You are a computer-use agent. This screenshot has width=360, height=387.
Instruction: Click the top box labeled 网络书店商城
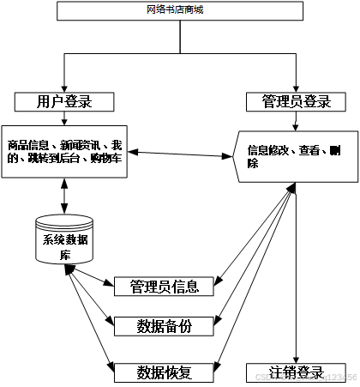[180, 11]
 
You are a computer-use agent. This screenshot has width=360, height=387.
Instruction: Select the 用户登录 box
[65, 102]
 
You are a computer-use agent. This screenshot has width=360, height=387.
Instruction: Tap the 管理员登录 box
[296, 102]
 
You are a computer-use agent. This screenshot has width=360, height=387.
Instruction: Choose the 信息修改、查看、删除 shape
[296, 154]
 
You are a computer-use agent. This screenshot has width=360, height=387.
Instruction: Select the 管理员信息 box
[164, 286]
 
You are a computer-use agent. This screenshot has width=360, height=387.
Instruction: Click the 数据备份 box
[164, 326]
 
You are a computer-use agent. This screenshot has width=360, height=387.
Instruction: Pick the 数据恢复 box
[164, 372]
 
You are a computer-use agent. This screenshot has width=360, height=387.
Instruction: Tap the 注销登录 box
[296, 372]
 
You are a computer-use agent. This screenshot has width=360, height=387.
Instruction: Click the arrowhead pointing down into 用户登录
[65, 88]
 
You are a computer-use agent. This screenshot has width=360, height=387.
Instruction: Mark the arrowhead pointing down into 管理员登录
[296, 88]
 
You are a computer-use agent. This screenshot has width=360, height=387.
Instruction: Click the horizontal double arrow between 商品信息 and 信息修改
[181, 154]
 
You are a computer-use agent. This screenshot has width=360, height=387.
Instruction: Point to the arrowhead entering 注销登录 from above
[296, 358]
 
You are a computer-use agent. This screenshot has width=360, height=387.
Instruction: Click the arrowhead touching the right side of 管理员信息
[219, 280]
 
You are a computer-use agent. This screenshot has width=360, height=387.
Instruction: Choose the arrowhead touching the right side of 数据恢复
[219, 366]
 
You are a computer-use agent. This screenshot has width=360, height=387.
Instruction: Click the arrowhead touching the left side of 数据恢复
[110, 369]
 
